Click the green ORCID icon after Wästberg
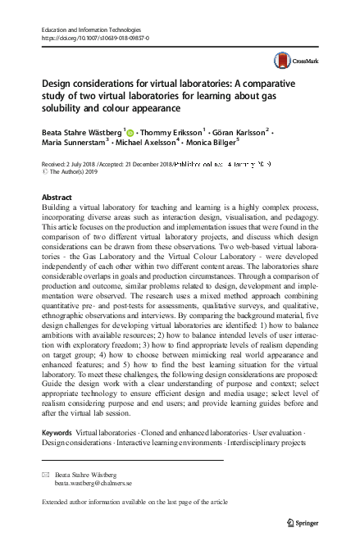tap(130, 130)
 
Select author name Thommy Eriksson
tap(171, 130)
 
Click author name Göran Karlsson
tap(238, 130)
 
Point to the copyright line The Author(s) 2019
tap(77, 172)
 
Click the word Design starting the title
tap(58, 84)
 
